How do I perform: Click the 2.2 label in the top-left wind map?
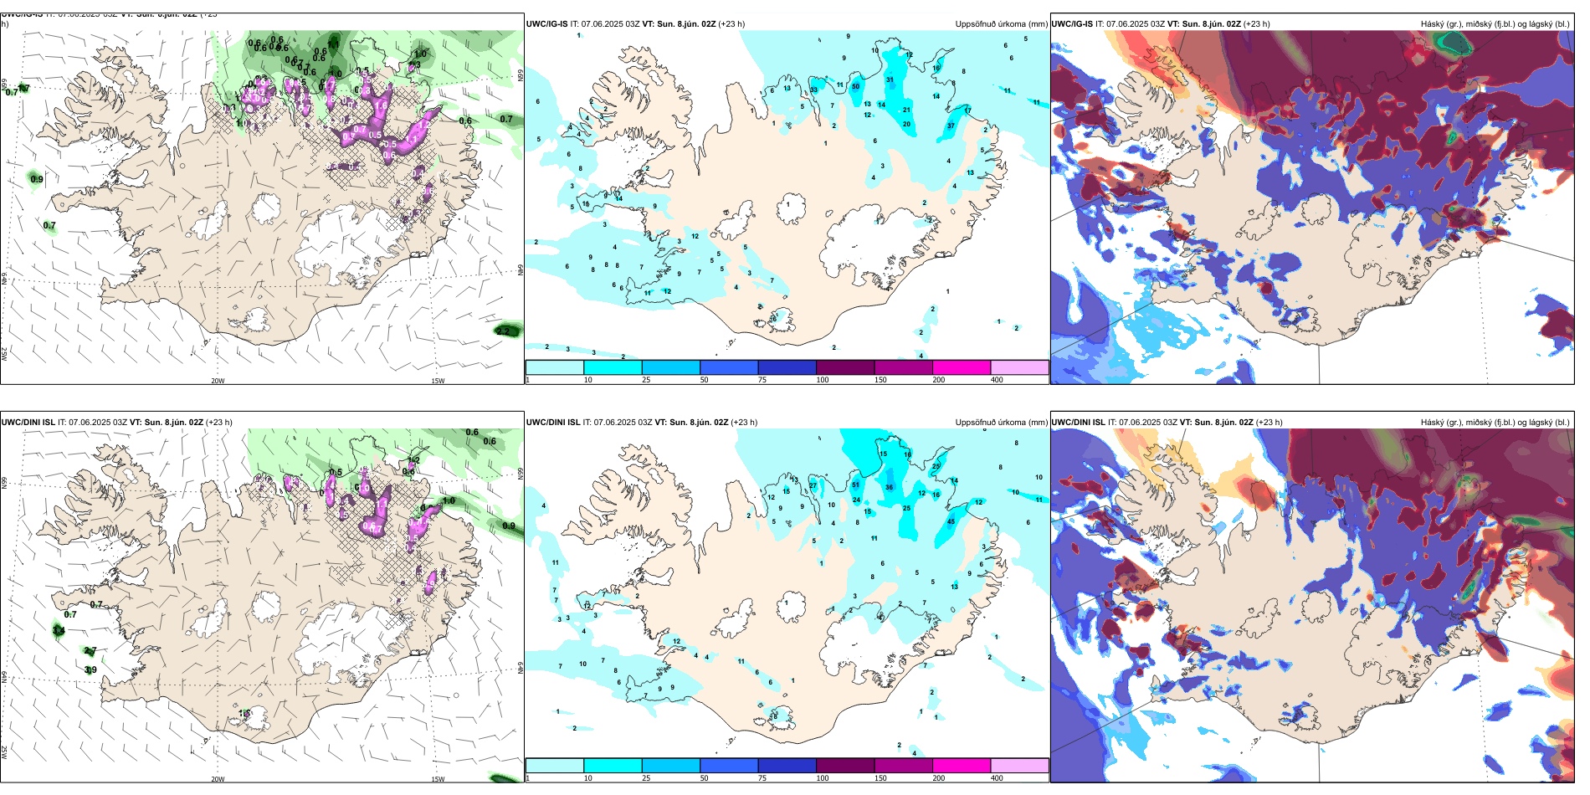[503, 331]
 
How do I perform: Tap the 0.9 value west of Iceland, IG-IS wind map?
[37, 179]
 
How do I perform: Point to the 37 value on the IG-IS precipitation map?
[951, 126]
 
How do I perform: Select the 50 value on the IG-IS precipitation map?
[855, 87]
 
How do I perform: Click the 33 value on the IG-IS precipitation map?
[813, 90]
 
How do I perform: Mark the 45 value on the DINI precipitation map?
[951, 522]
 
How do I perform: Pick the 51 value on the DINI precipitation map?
[855, 485]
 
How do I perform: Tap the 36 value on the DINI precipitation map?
[889, 487]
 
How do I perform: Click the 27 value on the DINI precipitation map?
[813, 486]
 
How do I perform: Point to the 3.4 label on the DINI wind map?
[59, 631]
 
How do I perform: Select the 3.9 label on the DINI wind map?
[90, 669]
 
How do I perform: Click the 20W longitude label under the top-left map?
[218, 381]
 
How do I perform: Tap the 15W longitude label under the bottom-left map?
[438, 779]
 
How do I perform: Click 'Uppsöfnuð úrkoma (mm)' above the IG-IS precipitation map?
[1001, 24]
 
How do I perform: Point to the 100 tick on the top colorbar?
[823, 380]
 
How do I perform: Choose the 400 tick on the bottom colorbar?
[997, 778]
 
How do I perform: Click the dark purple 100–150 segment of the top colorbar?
[845, 367]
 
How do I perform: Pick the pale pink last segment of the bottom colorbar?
[1019, 766]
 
